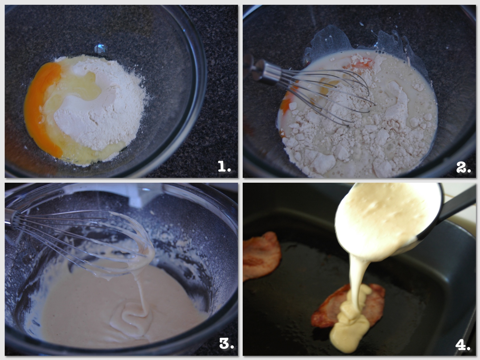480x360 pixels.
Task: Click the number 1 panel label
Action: [x=224, y=166]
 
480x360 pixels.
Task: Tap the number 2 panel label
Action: [x=463, y=168]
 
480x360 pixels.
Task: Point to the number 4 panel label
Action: [x=463, y=345]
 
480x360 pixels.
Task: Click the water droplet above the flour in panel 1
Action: [x=100, y=48]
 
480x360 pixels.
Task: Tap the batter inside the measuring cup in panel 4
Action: [x=385, y=219]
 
